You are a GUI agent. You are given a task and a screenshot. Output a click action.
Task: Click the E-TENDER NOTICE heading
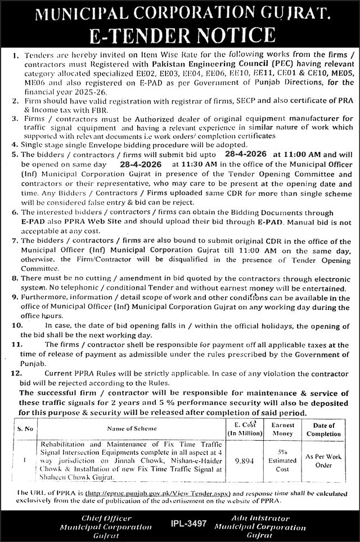pyautogui.click(x=180, y=35)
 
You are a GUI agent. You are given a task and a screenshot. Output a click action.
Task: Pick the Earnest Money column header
pyautogui.click(x=282, y=430)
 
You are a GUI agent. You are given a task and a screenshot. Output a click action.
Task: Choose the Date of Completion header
pyautogui.click(x=324, y=430)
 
